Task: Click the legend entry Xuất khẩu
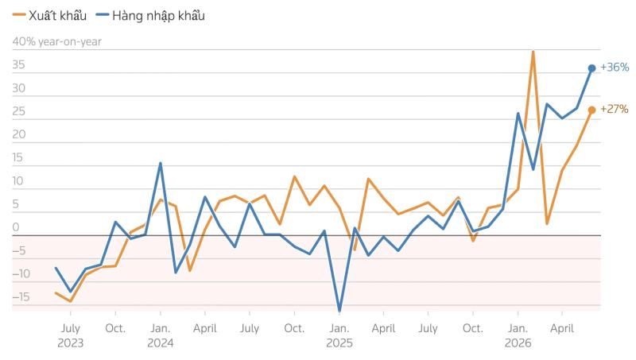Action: coord(49,16)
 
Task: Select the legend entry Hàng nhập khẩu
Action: coord(150,16)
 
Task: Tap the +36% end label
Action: coord(615,68)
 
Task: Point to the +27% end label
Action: coord(614,109)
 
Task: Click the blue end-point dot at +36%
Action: coord(591,68)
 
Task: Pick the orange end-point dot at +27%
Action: coord(591,110)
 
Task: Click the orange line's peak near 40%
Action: coord(533,51)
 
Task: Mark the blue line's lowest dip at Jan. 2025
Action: coord(339,311)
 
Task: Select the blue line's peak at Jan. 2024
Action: coord(161,164)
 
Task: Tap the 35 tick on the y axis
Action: coord(18,65)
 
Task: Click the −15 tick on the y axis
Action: coord(21,297)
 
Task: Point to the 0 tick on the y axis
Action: coord(16,227)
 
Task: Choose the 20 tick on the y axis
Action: coord(18,134)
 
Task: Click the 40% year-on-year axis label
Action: coord(56,42)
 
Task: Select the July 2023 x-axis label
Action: coord(71,335)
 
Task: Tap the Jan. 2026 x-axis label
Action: coord(518,335)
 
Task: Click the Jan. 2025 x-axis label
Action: coord(339,335)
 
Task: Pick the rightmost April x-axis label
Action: coord(562,328)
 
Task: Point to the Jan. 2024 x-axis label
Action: coord(161,335)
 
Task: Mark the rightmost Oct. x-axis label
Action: coord(473,328)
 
